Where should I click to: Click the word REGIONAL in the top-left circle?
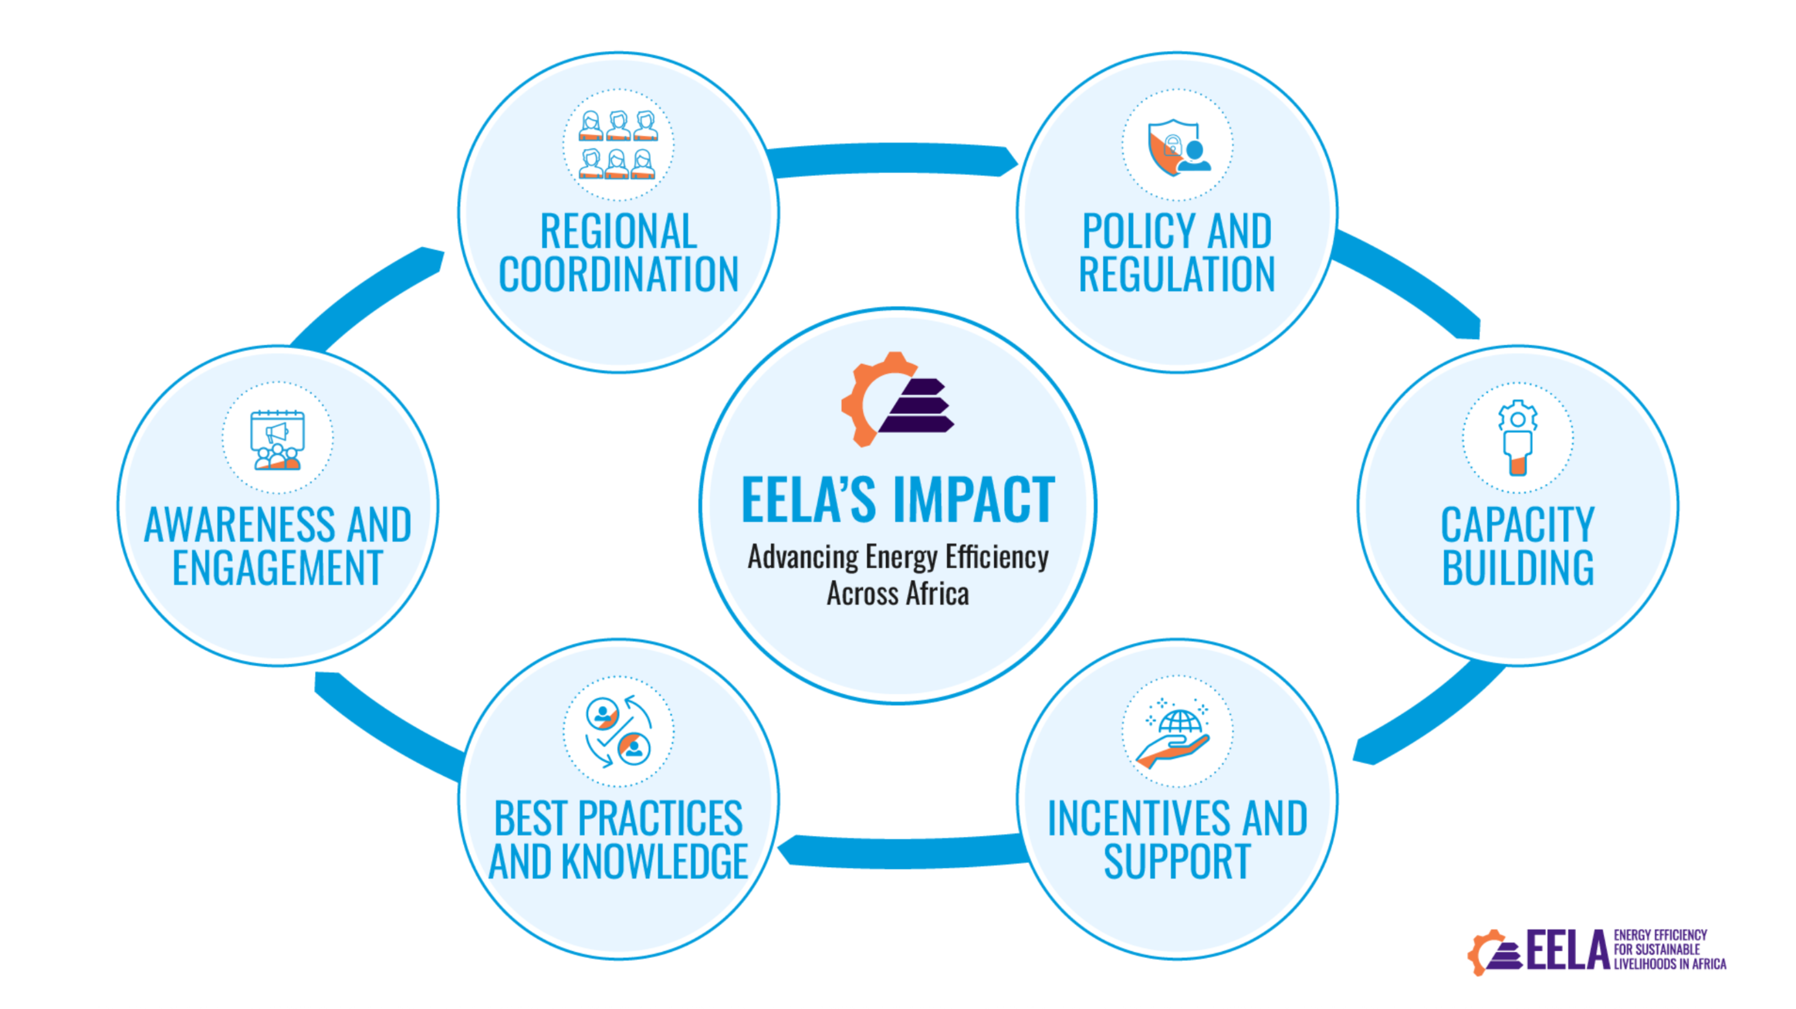pos(618,231)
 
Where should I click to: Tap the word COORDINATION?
pos(618,274)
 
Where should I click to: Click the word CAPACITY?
pos(1518,524)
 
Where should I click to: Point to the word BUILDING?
pos(1518,568)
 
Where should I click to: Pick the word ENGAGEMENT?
pos(277,568)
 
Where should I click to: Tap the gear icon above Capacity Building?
pos(1518,437)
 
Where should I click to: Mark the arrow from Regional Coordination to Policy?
pos(892,158)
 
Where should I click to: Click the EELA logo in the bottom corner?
pos(1597,951)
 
